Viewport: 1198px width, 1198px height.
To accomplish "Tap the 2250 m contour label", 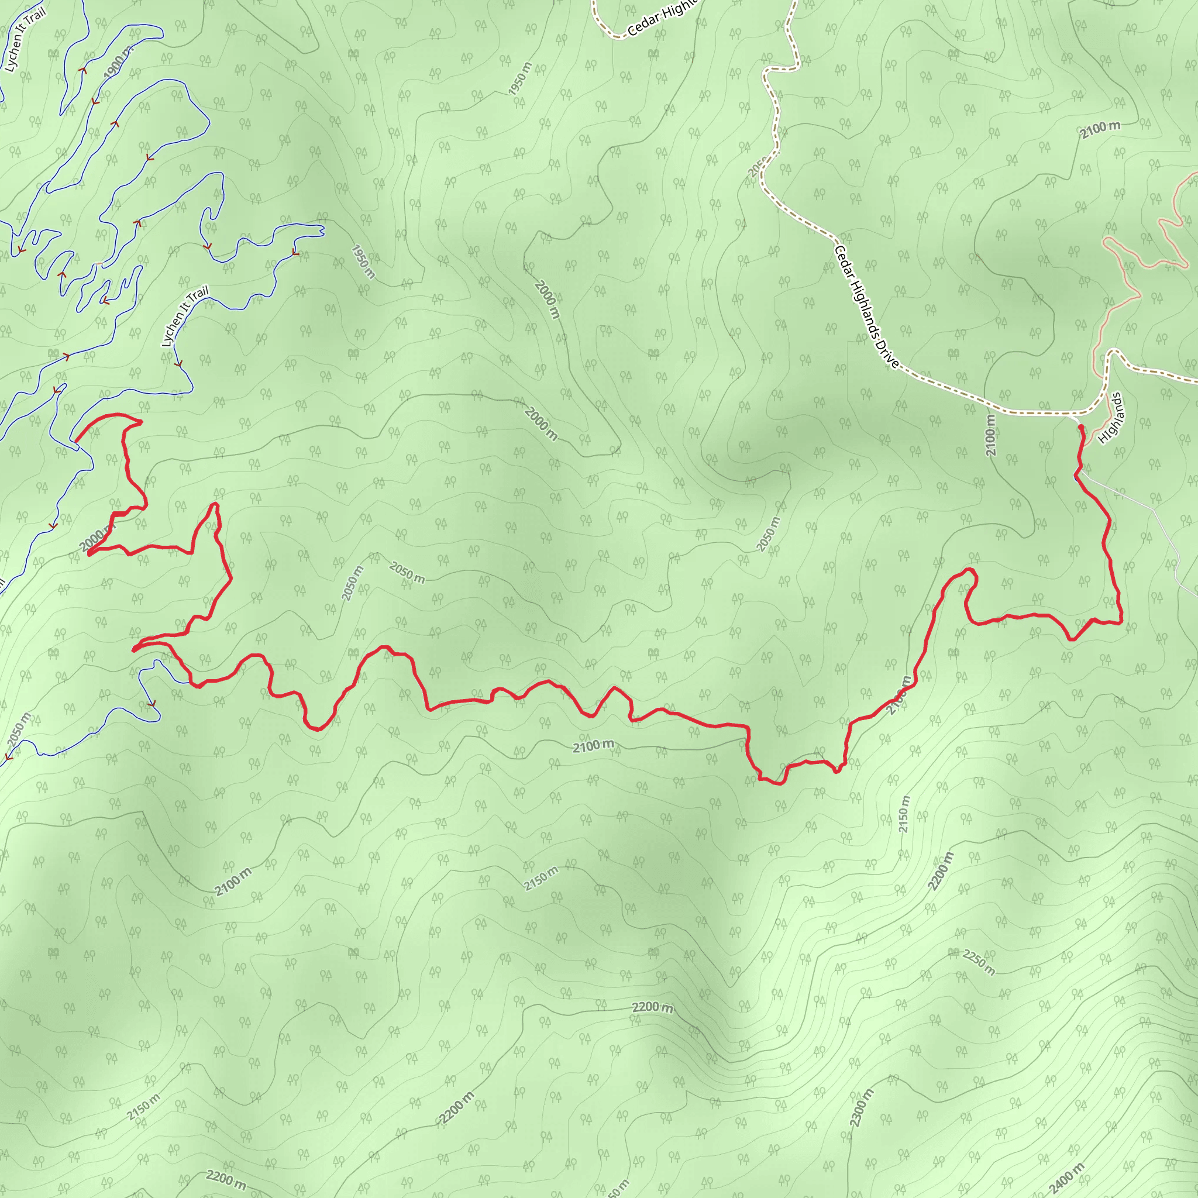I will (x=979, y=962).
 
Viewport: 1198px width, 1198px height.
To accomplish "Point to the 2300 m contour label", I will (x=861, y=1107).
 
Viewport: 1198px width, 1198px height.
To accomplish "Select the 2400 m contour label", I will (x=1066, y=1179).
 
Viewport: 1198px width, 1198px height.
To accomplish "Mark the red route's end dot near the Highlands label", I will (x=1081, y=427).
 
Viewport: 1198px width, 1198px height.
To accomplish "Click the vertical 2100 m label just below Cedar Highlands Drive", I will (x=991, y=435).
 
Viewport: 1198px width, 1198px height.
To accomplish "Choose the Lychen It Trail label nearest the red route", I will (x=184, y=316).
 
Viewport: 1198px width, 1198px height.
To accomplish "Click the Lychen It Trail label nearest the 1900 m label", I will (x=25, y=41).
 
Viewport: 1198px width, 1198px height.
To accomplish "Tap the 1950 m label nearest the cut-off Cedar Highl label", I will (x=519, y=80).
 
